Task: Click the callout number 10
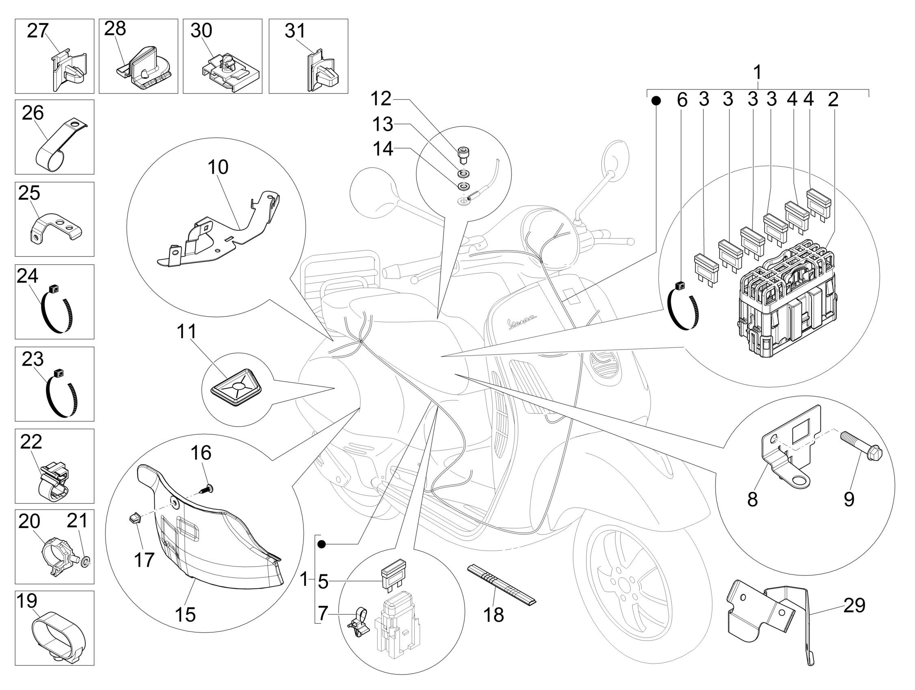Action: click(218, 167)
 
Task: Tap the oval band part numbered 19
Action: click(54, 636)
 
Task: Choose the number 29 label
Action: click(854, 606)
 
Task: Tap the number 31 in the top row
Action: click(295, 31)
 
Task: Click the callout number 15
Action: click(185, 615)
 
